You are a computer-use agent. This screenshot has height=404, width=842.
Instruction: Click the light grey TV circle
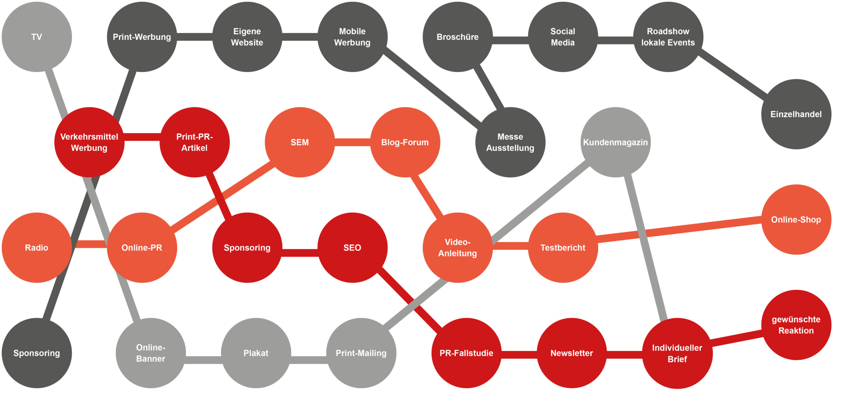(37, 37)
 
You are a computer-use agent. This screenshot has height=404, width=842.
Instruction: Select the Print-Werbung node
(142, 37)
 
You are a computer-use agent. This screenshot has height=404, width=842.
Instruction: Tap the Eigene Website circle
(247, 37)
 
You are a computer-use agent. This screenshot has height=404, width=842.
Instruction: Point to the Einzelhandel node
(796, 114)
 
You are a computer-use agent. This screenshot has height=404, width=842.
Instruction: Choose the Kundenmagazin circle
(615, 142)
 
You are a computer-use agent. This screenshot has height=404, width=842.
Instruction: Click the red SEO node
(352, 248)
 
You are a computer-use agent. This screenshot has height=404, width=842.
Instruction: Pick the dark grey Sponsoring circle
(37, 353)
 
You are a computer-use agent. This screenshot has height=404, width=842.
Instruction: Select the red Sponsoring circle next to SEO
(247, 248)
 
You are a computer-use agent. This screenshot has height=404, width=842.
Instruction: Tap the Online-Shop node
(796, 220)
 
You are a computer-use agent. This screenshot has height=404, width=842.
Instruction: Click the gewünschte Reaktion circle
(796, 325)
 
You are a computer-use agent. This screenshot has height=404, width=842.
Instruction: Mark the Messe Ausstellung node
(510, 142)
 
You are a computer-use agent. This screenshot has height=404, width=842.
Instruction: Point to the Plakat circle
(256, 353)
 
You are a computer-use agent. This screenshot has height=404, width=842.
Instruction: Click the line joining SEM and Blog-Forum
(352, 142)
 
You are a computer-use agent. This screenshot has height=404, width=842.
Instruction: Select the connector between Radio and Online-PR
(89, 244)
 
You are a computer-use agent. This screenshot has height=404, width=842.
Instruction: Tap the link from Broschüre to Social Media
(510, 40)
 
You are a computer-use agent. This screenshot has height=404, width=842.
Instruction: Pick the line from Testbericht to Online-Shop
(679, 230)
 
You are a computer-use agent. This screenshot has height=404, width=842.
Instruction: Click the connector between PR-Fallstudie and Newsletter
(519, 355)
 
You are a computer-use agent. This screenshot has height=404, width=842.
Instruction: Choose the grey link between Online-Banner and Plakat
(203, 360)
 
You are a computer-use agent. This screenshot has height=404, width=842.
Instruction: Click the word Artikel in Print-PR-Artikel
(194, 148)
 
